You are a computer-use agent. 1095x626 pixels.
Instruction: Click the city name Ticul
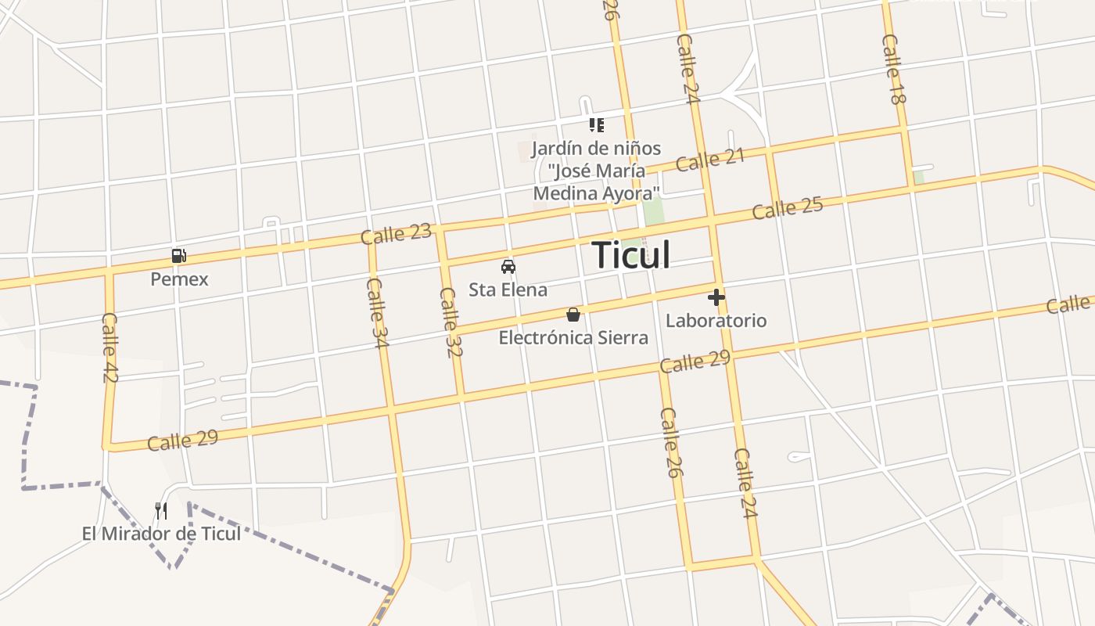pyautogui.click(x=630, y=255)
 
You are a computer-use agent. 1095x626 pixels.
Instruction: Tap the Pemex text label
pyautogui.click(x=179, y=279)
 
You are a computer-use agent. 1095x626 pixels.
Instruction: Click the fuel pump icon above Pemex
pyautogui.click(x=179, y=255)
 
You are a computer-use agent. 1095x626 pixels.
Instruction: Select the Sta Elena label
pyautogui.click(x=508, y=290)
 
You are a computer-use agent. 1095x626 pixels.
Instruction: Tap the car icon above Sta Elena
pyautogui.click(x=508, y=266)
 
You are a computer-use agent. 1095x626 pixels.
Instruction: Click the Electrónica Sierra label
pyautogui.click(x=573, y=338)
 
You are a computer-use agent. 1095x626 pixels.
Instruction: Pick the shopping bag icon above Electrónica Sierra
pyautogui.click(x=573, y=315)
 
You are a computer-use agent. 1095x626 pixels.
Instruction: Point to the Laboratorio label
pyautogui.click(x=716, y=321)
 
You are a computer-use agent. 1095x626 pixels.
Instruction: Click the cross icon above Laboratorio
pyautogui.click(x=716, y=297)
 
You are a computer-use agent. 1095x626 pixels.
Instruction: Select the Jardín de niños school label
pyautogui.click(x=596, y=171)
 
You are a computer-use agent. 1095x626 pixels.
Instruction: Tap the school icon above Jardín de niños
pyautogui.click(x=597, y=125)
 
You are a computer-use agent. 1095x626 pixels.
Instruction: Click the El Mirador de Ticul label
pyautogui.click(x=161, y=534)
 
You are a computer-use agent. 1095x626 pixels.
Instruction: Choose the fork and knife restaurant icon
pyautogui.click(x=161, y=511)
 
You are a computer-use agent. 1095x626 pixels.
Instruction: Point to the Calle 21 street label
pyautogui.click(x=710, y=160)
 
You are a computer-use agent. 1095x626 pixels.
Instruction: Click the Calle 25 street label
pyautogui.click(x=788, y=208)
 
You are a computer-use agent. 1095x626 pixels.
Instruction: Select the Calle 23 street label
pyautogui.click(x=396, y=234)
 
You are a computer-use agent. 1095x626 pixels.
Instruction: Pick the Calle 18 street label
pyautogui.click(x=893, y=69)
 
